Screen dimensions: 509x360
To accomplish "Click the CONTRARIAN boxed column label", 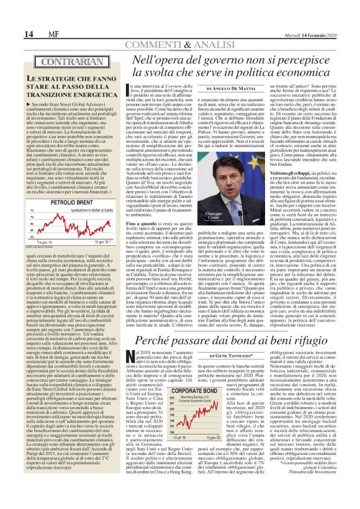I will coord(56,62).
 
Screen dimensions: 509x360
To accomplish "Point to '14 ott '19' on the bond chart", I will coord(176,472).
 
